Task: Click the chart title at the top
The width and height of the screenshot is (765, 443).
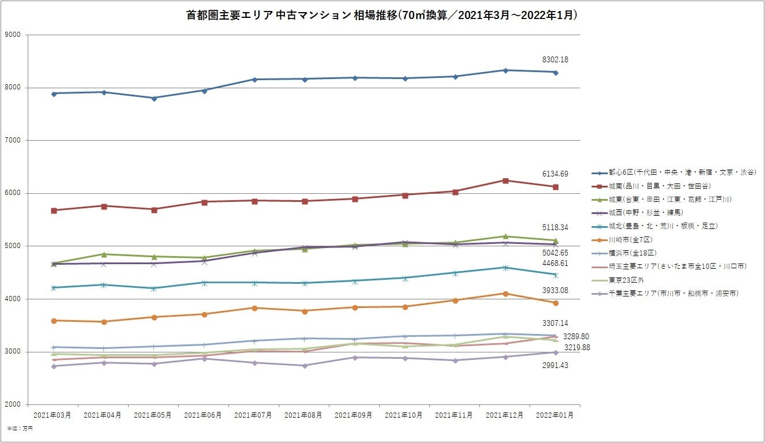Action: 382,16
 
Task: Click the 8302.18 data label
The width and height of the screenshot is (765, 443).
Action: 555,59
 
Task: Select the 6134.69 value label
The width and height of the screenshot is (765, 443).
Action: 555,174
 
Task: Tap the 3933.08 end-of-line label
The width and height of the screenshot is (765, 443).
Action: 555,290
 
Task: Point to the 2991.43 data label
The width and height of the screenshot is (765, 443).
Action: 555,366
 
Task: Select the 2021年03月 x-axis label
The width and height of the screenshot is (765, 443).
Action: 52,415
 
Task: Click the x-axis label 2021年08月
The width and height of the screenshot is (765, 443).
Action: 303,415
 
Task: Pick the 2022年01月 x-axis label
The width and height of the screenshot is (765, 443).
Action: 555,415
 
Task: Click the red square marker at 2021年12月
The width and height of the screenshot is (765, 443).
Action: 505,181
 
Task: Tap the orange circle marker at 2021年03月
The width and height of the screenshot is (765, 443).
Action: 54,321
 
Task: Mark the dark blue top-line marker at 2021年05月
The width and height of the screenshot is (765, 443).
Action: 154,98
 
